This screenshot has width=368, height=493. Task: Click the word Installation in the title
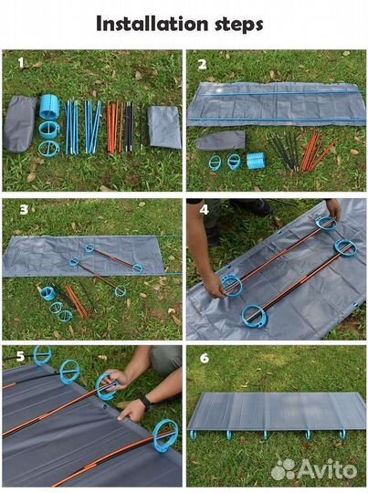152,24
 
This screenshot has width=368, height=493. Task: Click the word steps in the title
239,25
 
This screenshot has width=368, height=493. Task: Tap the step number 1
21,63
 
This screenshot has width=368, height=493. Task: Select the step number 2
202,64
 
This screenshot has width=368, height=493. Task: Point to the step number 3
24,210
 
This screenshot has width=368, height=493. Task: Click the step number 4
205,209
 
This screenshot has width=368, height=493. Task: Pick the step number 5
20,356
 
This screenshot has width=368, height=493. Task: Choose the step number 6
205,358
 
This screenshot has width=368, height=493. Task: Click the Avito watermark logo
314,469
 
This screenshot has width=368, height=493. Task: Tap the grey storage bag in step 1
19,124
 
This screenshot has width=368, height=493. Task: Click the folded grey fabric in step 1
164,127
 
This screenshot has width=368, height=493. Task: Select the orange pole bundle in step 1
115,127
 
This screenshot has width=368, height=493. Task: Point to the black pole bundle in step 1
130,126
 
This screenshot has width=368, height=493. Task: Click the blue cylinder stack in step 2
256,161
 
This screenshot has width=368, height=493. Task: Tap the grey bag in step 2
221,141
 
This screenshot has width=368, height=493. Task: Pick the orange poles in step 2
316,152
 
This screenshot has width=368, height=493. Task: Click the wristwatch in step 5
145,403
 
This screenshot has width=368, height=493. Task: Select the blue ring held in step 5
106,387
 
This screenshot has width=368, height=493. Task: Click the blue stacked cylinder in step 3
48,294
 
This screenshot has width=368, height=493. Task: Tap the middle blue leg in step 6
266,435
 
